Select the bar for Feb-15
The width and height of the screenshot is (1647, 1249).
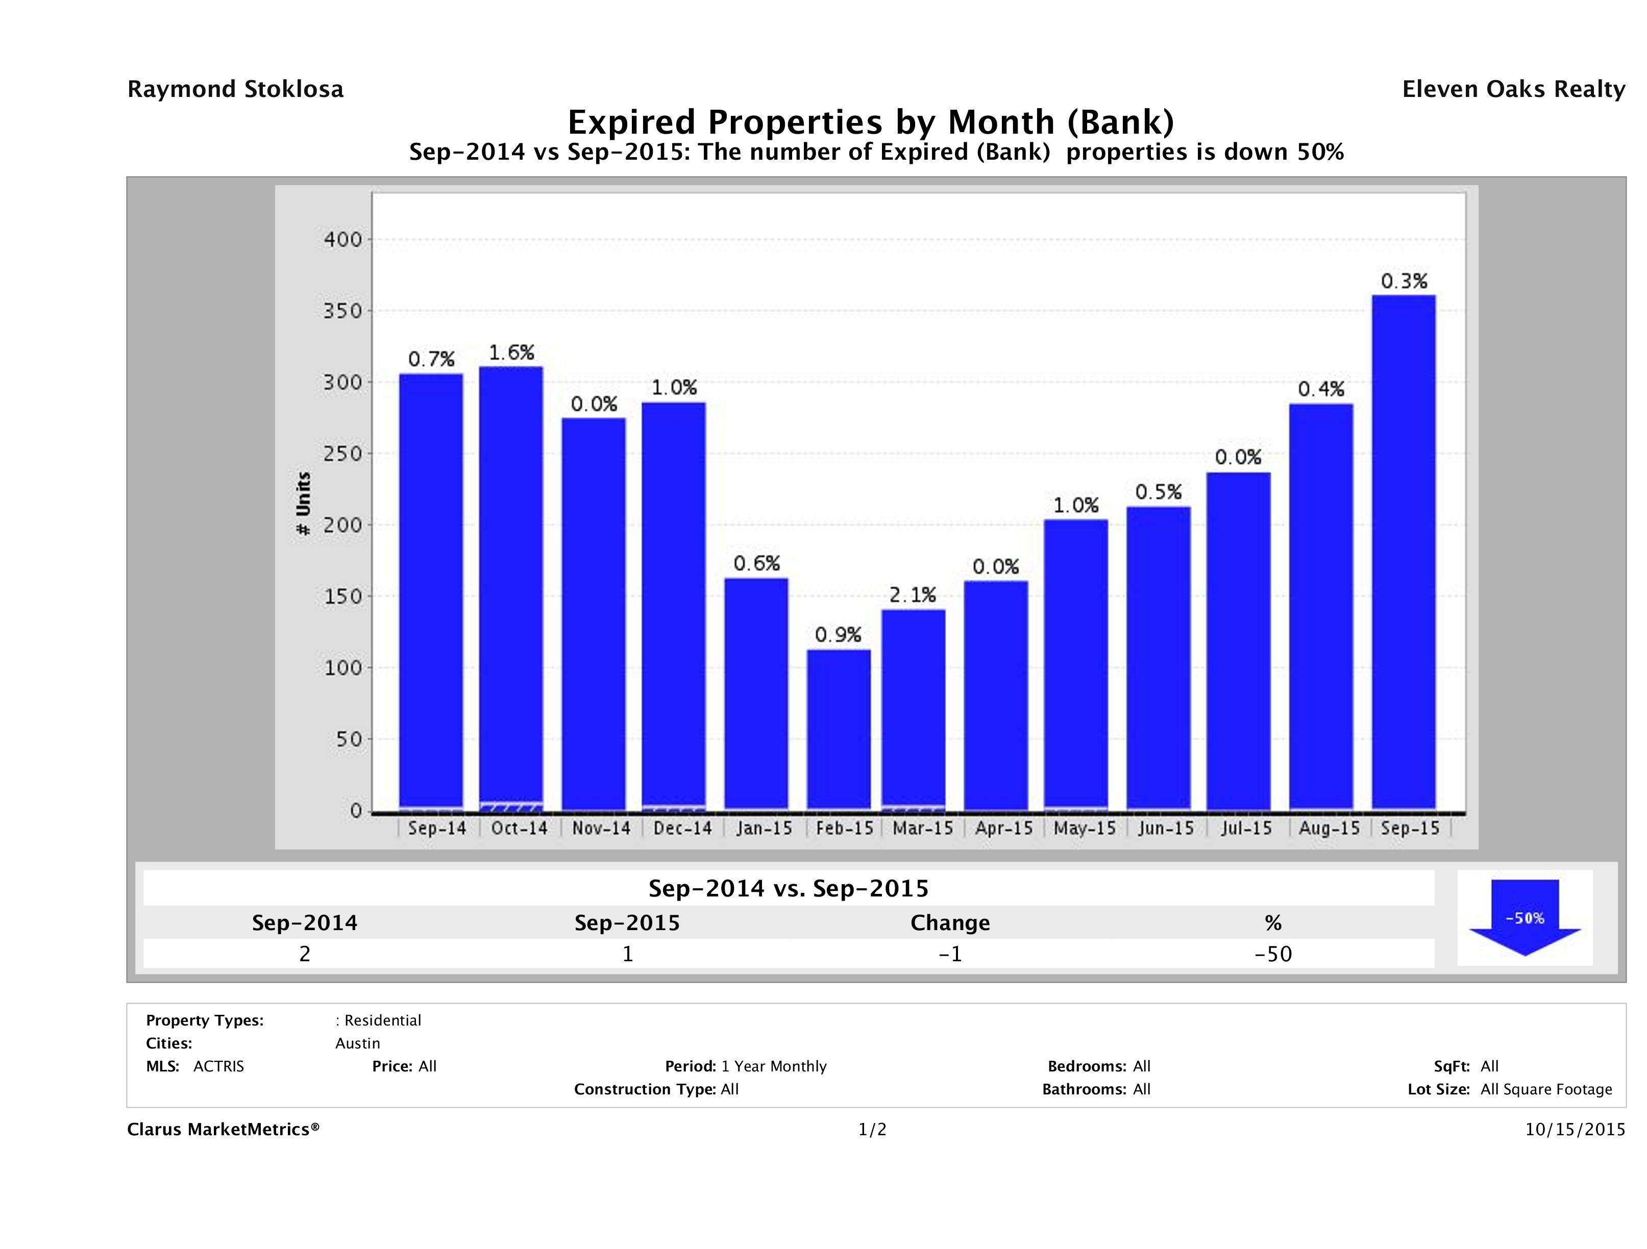[x=839, y=730]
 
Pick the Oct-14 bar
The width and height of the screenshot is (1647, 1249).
[x=511, y=588]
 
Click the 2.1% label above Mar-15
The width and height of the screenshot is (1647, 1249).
[x=913, y=595]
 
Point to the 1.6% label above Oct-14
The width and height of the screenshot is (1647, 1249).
[x=511, y=352]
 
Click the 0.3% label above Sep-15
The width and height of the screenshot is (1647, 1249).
[x=1404, y=281]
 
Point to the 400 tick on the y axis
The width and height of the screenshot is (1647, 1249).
[x=342, y=240]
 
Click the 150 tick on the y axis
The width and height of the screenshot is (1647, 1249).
[x=342, y=596]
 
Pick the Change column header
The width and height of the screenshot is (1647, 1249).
[x=950, y=923]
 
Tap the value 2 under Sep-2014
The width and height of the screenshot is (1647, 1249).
[x=305, y=954]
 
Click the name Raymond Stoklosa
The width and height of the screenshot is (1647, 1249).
[x=235, y=89]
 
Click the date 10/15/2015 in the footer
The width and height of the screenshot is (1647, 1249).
[x=1575, y=1129]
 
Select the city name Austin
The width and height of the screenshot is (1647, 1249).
[x=357, y=1043]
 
